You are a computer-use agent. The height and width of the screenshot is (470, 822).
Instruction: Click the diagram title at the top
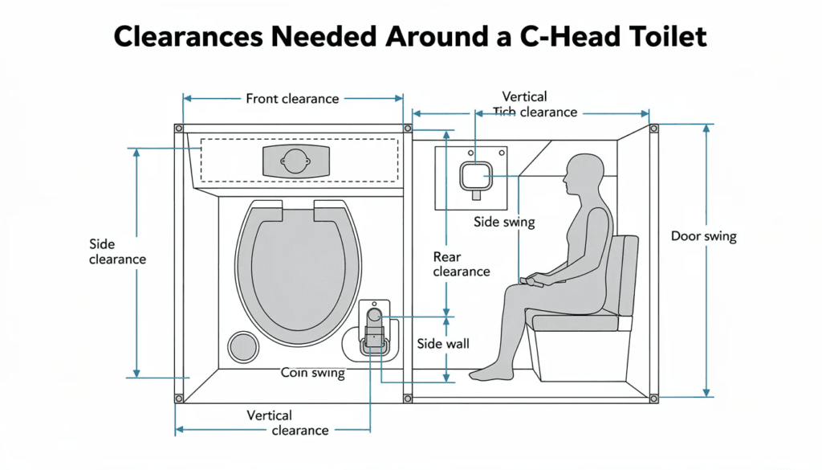click(x=410, y=37)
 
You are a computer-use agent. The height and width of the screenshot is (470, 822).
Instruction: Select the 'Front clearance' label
click(x=292, y=99)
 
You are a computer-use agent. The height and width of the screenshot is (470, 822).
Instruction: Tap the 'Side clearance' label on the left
click(x=117, y=251)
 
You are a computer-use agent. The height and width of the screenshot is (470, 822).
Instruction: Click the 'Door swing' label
click(x=703, y=236)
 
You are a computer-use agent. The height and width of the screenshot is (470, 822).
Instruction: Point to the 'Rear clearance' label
click(x=461, y=264)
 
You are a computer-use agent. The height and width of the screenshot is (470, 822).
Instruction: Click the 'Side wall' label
click(x=443, y=344)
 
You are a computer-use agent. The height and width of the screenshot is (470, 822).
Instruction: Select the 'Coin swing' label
click(x=312, y=373)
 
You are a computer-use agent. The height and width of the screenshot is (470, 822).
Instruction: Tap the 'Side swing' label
click(x=503, y=222)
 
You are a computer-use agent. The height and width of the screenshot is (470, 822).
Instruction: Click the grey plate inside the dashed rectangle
click(x=295, y=161)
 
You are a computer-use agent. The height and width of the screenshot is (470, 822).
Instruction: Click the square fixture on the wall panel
click(x=474, y=175)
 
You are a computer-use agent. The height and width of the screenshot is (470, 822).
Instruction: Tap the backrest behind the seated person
click(x=624, y=272)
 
